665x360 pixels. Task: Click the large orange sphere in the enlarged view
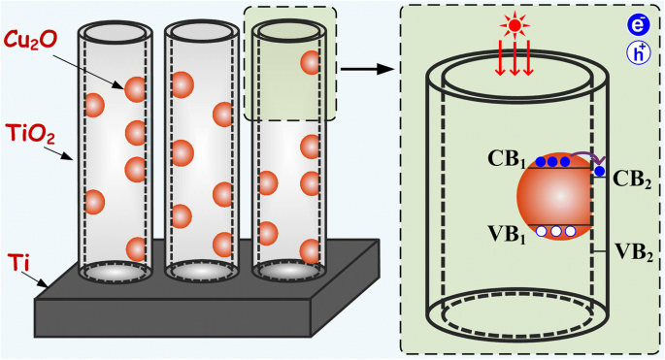pos(553,199)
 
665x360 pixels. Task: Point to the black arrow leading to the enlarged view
pos(368,69)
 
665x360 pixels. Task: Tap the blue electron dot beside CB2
pos(600,172)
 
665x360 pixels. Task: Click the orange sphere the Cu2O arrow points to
pos(135,90)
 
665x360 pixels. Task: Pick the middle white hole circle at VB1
pos(556,232)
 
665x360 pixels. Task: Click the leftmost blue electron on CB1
pos(540,162)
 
